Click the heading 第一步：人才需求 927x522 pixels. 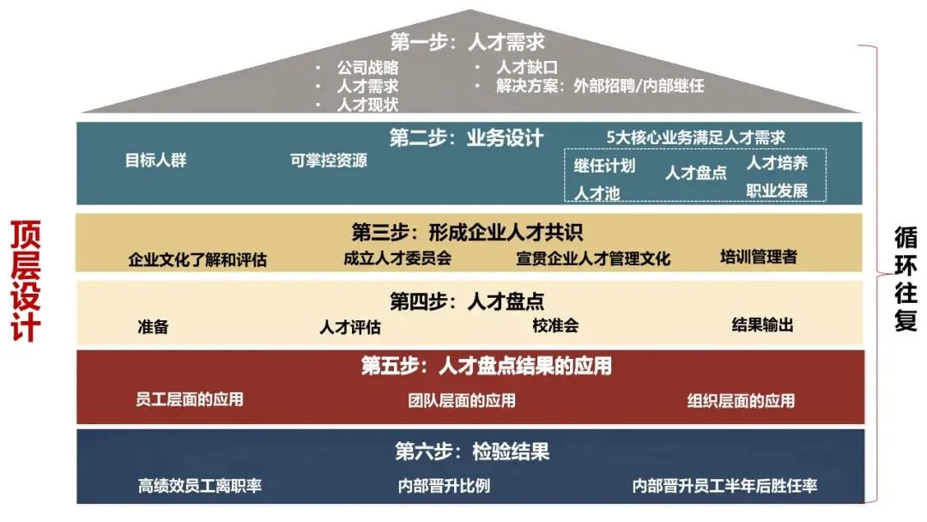tap(467, 41)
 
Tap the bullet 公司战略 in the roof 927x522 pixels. tap(367, 67)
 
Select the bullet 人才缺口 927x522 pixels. tap(527, 67)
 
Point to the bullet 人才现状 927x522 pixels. tap(367, 105)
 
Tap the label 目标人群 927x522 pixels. tap(155, 160)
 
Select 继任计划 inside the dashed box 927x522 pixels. tap(604, 166)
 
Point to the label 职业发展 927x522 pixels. tap(777, 189)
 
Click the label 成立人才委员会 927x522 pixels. tap(397, 257)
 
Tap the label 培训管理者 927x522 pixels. tap(759, 256)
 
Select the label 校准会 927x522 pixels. tap(555, 325)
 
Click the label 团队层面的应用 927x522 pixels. tap(462, 400)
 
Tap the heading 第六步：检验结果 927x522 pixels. tap(472, 452)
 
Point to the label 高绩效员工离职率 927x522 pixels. tap(200, 486)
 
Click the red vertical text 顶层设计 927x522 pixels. tap(26, 281)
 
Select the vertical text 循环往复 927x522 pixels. tap(906, 278)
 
